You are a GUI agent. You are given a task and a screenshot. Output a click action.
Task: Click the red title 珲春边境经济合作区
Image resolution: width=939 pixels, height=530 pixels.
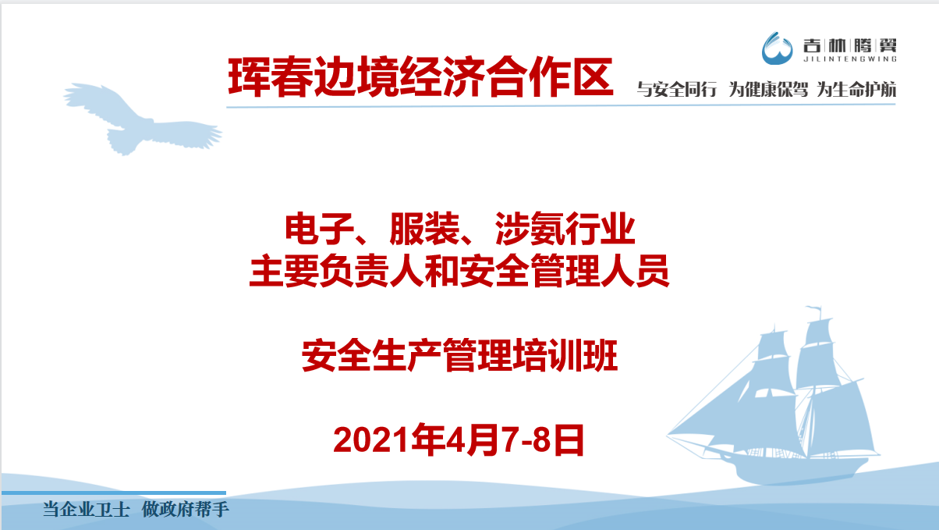coord(420,77)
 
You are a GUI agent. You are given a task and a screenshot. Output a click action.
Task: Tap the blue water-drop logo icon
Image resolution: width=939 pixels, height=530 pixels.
coord(777,48)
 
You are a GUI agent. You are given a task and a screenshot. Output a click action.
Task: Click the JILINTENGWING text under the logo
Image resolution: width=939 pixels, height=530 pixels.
coord(850,59)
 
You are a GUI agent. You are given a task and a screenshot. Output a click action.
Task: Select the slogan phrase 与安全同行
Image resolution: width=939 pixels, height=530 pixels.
coord(677,90)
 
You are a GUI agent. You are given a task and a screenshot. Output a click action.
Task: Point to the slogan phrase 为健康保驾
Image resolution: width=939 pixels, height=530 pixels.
coord(768,90)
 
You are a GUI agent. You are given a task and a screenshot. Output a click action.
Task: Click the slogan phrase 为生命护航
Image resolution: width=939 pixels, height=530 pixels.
coord(856,90)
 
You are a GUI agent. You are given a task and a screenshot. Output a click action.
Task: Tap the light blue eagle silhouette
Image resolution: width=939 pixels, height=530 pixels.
coord(143,119)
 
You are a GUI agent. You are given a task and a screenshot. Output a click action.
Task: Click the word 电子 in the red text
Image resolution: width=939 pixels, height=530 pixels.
coord(320,229)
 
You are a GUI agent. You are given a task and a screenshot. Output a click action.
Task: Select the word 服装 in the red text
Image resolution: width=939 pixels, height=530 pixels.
coord(424,229)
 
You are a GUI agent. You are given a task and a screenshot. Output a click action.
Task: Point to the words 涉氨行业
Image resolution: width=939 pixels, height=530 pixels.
coord(565,229)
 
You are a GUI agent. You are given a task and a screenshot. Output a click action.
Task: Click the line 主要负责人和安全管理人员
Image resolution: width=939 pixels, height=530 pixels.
coord(459,271)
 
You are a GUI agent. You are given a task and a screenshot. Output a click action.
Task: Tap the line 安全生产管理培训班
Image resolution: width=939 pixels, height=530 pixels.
coord(459,355)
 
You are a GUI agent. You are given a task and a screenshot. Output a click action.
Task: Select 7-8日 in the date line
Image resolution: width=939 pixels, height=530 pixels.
coord(544,439)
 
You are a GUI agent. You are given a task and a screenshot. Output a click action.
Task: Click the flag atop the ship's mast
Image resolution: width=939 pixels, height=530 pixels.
coord(814,311)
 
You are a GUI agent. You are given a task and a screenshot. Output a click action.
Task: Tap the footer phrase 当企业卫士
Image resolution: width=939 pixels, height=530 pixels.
coord(86,510)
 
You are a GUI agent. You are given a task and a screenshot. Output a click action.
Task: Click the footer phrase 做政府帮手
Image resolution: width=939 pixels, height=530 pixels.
coord(186,510)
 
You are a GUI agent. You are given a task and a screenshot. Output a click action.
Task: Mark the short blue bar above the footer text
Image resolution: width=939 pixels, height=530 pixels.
coord(114,493)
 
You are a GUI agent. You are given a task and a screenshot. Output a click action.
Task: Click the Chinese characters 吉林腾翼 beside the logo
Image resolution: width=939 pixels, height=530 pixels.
coord(850,45)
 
